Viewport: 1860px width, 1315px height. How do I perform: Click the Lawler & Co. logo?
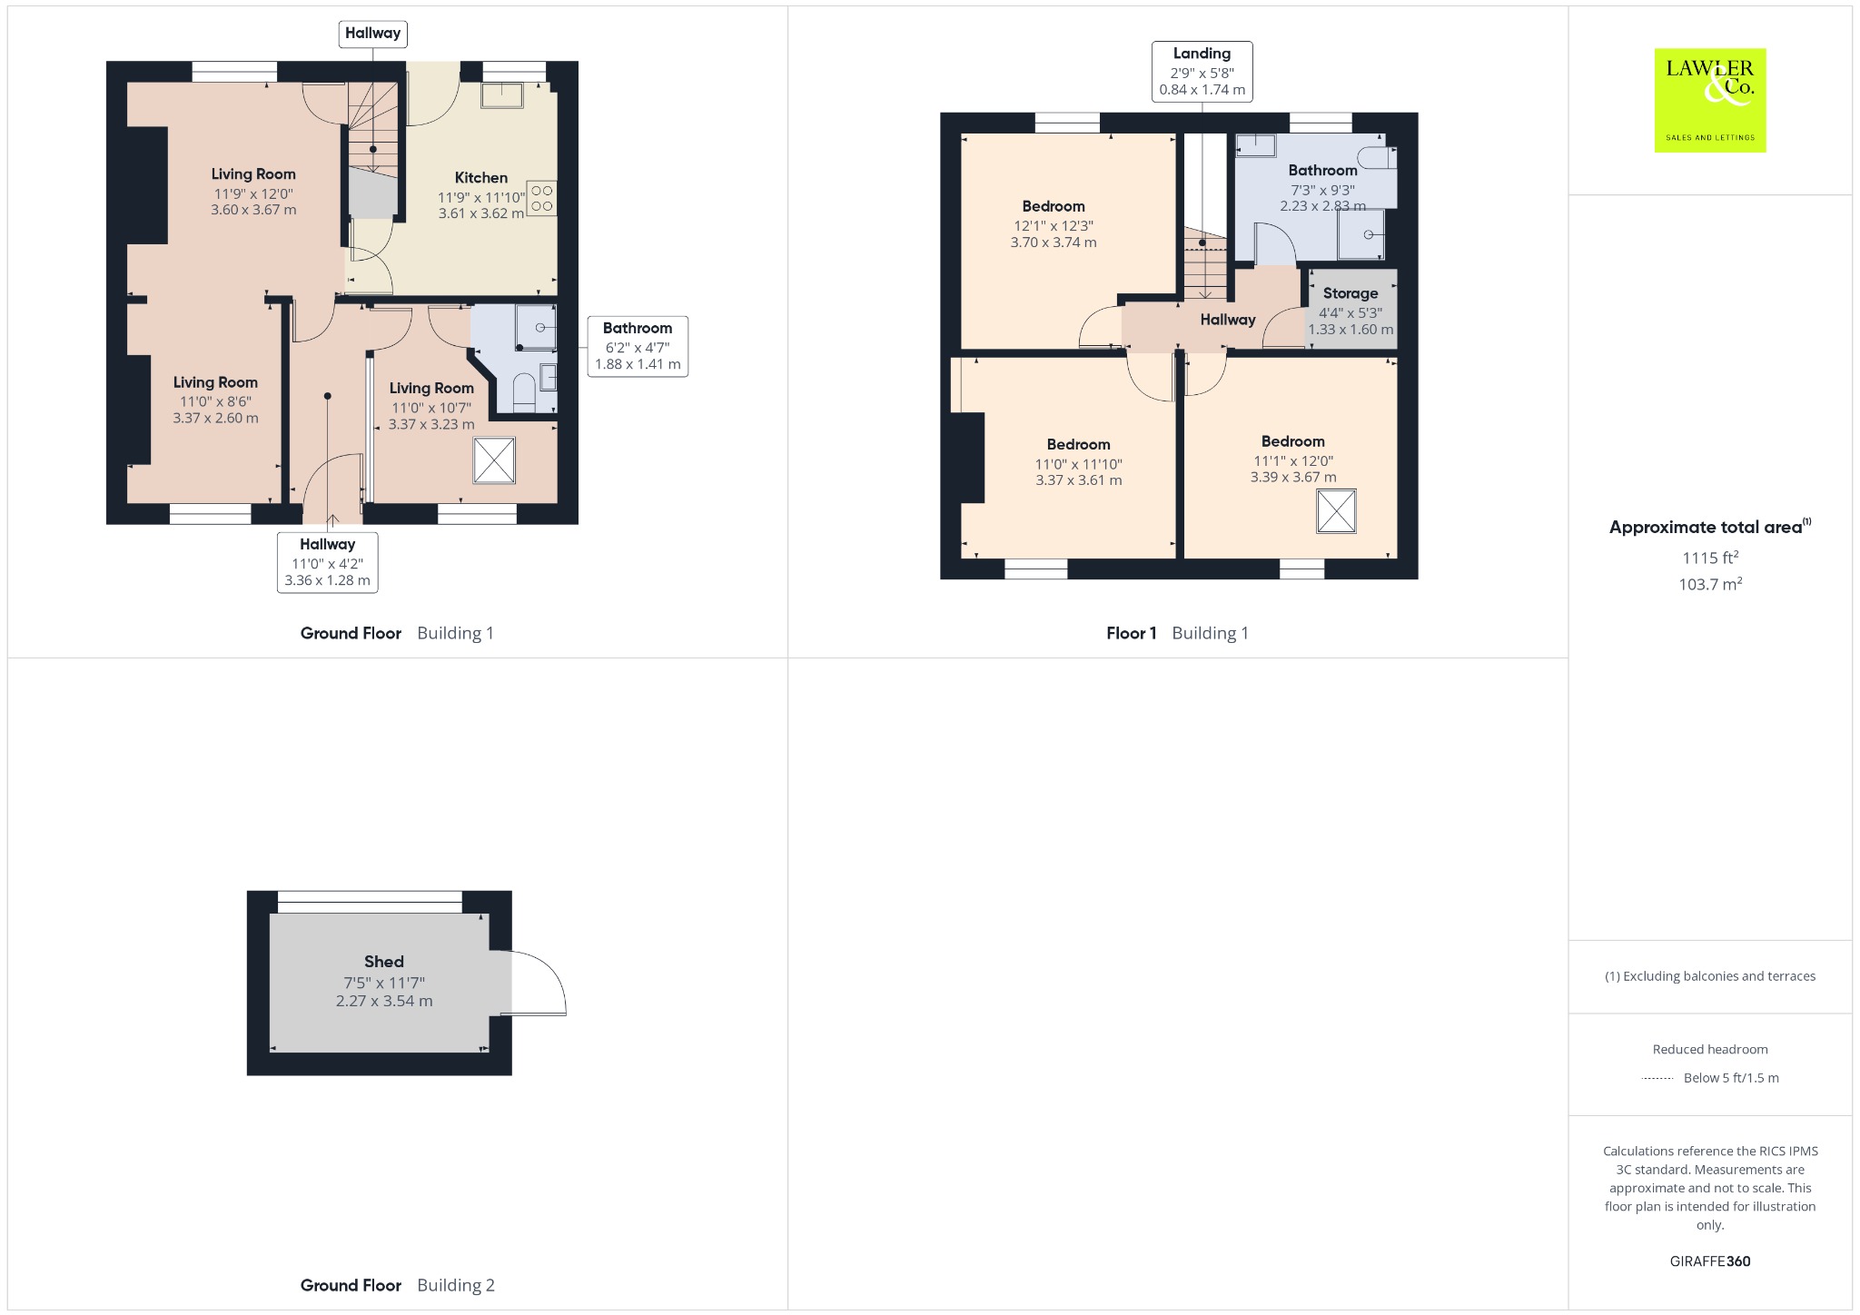[1710, 100]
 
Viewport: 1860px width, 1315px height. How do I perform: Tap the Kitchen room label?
[481, 178]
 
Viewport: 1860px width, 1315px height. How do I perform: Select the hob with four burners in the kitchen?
[541, 198]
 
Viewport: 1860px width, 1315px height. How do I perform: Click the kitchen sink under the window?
[502, 94]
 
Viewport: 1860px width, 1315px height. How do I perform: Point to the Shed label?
[384, 962]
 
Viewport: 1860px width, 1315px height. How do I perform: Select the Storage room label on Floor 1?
[1350, 293]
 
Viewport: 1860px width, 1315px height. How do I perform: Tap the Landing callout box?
[1202, 71]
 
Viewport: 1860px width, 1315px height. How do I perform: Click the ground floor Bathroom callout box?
[638, 346]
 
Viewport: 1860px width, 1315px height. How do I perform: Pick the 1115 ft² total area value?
[1710, 558]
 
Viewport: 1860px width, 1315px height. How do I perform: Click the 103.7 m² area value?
[1710, 584]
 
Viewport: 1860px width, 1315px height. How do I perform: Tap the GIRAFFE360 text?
[1710, 1261]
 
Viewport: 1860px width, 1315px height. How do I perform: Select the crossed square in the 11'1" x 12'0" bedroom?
[1336, 511]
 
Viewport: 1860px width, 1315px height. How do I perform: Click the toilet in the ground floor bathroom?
[524, 393]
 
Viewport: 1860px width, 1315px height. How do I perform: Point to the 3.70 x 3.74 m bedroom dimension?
[1054, 242]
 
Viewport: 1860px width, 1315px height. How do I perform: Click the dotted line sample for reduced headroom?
[1657, 1078]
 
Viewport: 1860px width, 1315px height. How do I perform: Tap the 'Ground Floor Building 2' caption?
[398, 1285]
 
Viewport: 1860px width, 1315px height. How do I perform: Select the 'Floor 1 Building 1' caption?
[1178, 633]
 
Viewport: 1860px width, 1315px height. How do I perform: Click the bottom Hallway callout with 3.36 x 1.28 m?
[328, 563]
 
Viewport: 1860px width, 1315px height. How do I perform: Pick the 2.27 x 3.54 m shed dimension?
[384, 1001]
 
